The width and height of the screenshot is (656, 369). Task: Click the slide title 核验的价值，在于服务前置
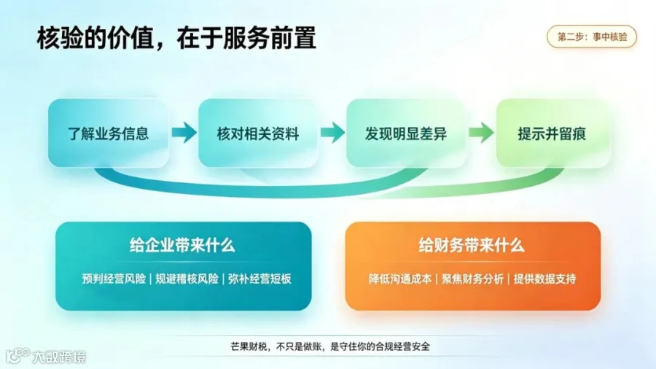[176, 38]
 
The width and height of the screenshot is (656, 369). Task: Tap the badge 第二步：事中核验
[592, 36]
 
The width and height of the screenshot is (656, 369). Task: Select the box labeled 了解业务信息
[109, 133]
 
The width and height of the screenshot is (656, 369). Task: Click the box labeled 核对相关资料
[258, 133]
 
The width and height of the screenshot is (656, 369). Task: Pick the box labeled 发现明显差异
[406, 133]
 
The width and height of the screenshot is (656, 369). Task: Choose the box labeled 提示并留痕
[552, 133]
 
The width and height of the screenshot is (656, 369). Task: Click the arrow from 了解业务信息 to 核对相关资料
[184, 133]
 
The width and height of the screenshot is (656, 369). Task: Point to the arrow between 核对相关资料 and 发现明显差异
[332, 133]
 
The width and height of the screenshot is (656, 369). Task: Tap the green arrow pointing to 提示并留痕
[481, 133]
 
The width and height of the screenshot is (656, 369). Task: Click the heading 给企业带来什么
[182, 245]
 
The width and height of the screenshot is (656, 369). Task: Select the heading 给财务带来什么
[472, 245]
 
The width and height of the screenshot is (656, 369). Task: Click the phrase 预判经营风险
[114, 279]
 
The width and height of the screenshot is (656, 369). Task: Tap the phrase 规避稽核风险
[187, 279]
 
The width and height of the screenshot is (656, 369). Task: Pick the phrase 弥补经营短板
[259, 279]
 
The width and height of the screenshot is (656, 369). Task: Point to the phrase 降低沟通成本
[400, 279]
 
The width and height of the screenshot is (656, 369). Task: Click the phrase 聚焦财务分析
[473, 279]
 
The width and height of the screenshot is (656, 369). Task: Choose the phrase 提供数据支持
[544, 279]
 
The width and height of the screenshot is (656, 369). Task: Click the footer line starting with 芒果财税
[330, 346]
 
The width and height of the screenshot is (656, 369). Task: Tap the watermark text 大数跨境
[59, 357]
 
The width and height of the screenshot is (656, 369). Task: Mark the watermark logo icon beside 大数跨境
[17, 356]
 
